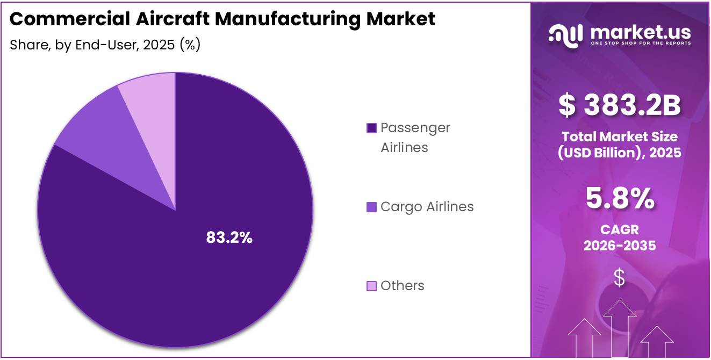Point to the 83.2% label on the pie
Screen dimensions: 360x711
pos(229,237)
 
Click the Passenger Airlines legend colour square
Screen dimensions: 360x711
pos(371,128)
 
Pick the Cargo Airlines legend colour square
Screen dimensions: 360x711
pos(371,207)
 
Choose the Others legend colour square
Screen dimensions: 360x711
pos(371,286)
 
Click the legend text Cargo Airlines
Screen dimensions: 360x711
pos(427,207)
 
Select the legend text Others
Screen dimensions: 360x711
pos(402,286)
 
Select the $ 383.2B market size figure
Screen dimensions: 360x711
pos(620,106)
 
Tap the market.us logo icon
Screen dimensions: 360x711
pos(565,34)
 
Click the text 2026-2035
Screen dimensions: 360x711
pos(620,246)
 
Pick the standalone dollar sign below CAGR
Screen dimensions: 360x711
pos(620,278)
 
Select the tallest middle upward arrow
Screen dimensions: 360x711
pos(620,328)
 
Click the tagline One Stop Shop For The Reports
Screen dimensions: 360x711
pos(641,43)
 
